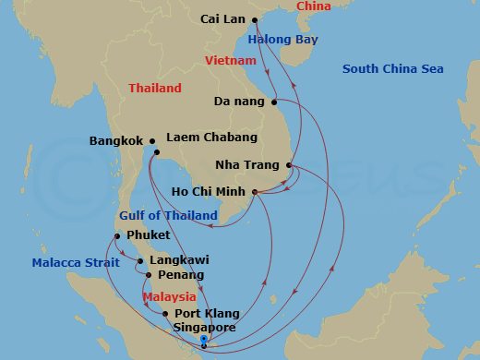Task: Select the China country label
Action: tap(313, 6)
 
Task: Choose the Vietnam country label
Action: tap(230, 60)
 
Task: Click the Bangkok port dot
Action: tap(150, 141)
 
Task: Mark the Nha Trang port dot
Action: tap(289, 166)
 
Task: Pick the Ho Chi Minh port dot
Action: tap(254, 192)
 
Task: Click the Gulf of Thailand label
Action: tap(168, 216)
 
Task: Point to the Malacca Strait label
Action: tap(76, 263)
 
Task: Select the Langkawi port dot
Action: tap(140, 261)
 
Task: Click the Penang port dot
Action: tap(149, 275)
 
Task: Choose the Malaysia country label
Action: tap(169, 297)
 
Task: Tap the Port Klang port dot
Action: tap(165, 314)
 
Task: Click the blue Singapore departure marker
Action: tap(203, 347)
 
